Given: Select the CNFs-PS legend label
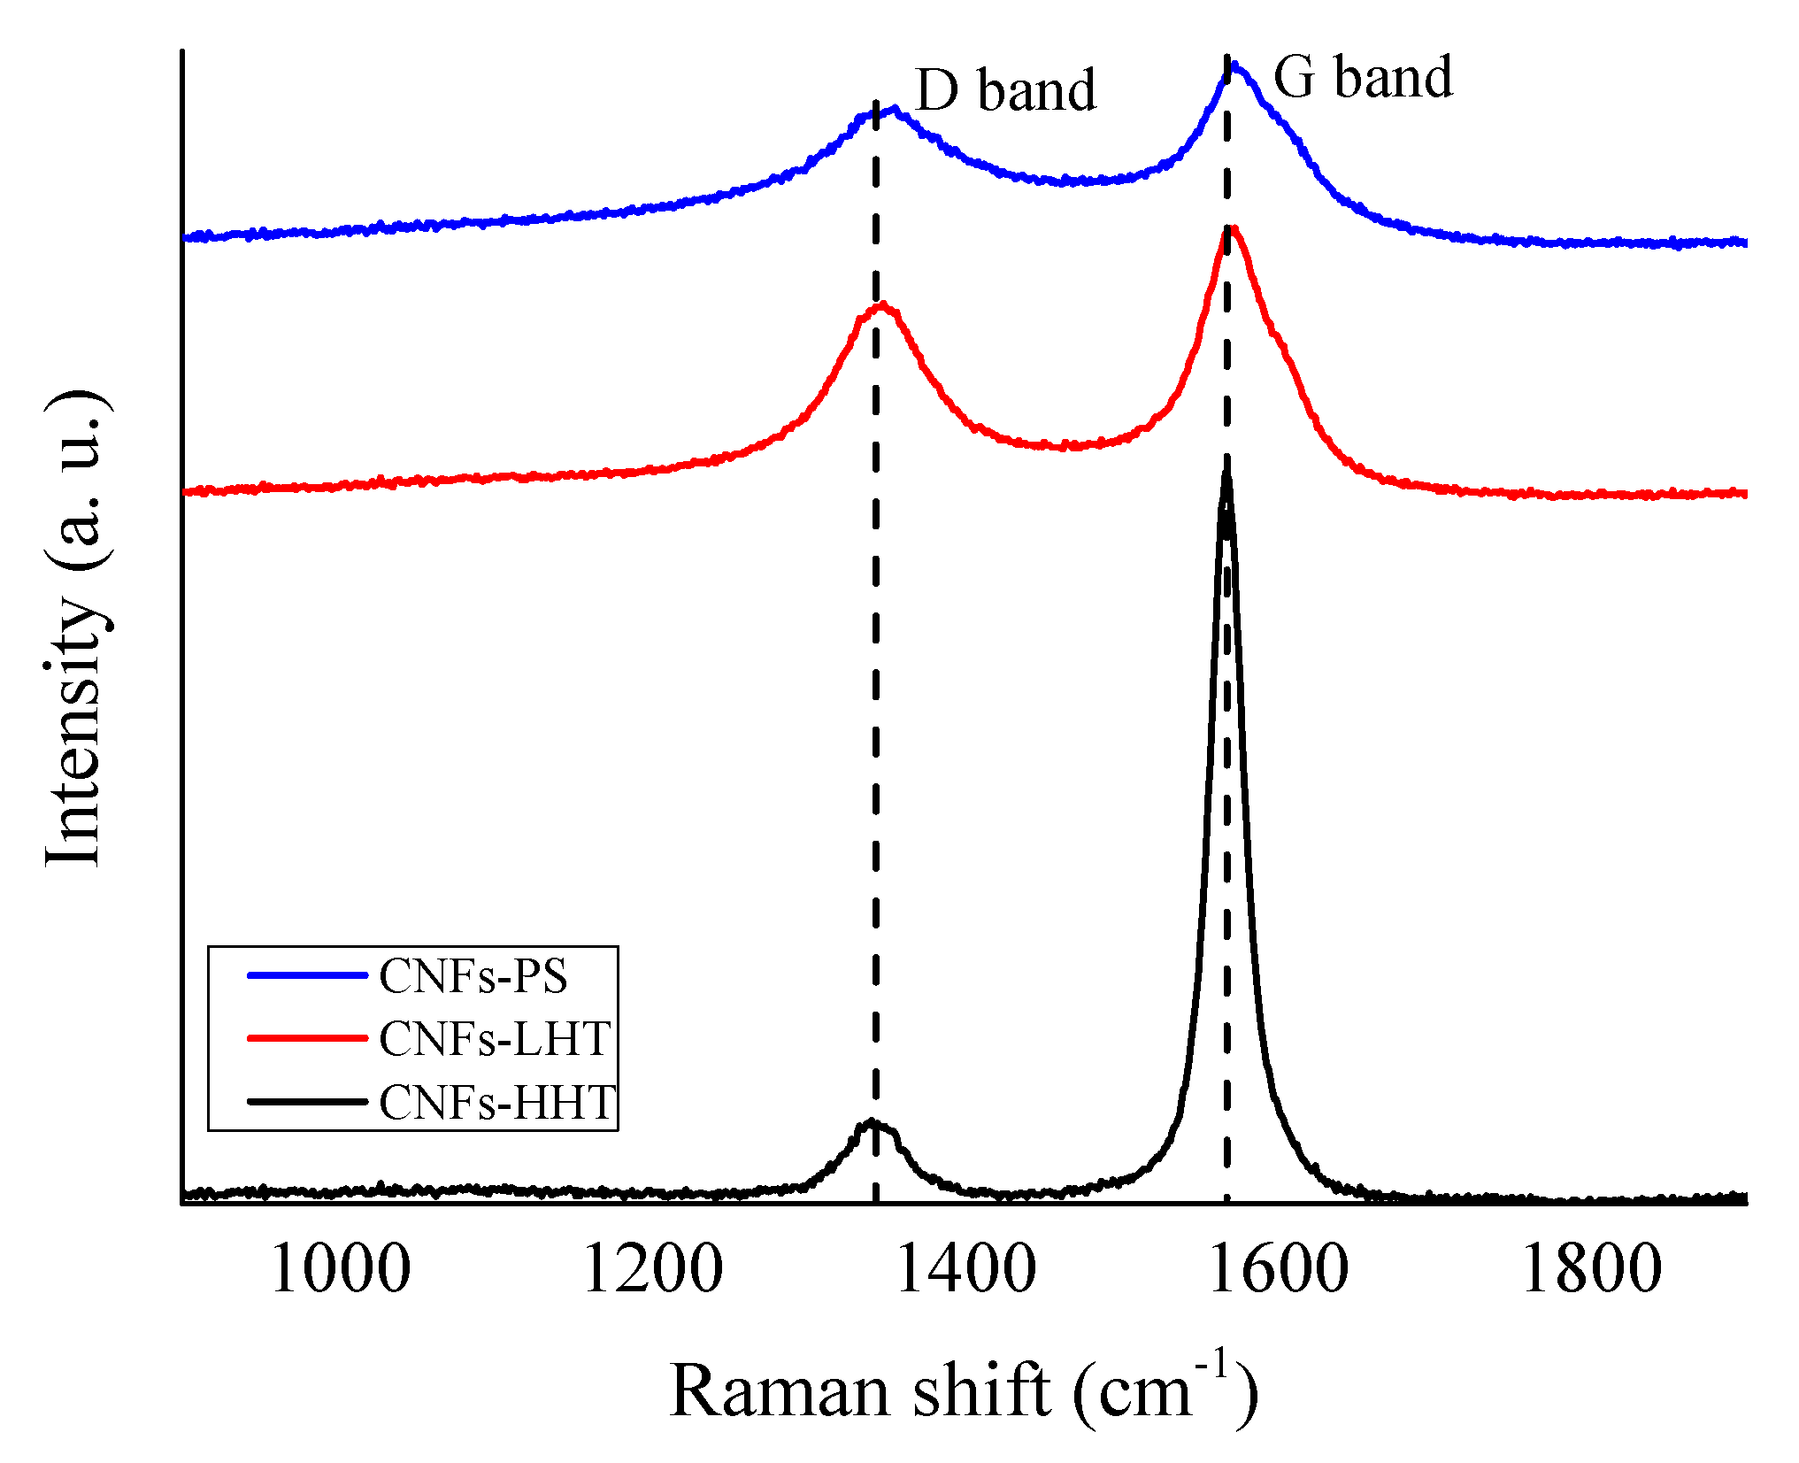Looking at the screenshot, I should [473, 976].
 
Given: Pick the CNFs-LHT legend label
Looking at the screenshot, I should [496, 1038].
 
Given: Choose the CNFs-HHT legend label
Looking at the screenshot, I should [498, 1103].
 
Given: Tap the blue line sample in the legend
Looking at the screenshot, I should [307, 975].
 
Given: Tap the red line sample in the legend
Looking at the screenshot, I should [307, 1038].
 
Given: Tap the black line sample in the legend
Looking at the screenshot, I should [307, 1102].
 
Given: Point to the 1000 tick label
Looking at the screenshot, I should [341, 1269].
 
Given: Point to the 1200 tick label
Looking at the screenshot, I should [653, 1269].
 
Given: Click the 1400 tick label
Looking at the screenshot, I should [965, 1269].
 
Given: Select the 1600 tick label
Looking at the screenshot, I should [1278, 1269].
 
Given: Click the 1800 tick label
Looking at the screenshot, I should [1591, 1269].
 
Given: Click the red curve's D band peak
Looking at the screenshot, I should [881, 306].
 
